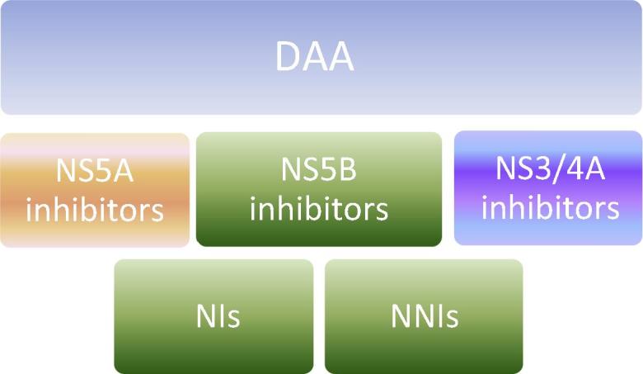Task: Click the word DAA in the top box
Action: click(x=315, y=56)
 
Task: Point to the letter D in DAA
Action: click(x=288, y=56)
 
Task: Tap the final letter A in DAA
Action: click(x=340, y=56)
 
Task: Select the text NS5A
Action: click(x=95, y=170)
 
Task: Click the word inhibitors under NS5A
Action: click(x=95, y=210)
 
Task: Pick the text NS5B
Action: click(x=319, y=168)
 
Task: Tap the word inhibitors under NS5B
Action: click(x=319, y=209)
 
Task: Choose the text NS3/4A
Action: click(x=550, y=168)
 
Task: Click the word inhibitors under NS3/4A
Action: click(x=550, y=207)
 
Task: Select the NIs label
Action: click(x=218, y=316)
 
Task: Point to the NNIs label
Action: click(x=425, y=316)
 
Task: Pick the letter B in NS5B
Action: click(x=347, y=168)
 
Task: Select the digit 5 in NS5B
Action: click(x=329, y=168)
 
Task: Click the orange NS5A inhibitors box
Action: click(x=95, y=190)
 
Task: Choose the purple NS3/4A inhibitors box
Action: click(x=548, y=188)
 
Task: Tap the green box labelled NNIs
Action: click(x=424, y=316)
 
